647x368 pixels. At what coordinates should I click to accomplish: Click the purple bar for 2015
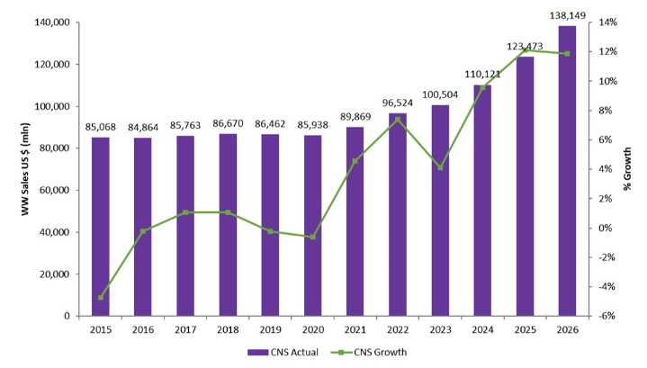[x=100, y=227]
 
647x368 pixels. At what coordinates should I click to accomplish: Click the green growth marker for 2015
[x=100, y=297]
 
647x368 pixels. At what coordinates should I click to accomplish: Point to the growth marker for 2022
[x=398, y=120]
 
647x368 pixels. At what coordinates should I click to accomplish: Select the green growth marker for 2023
[x=440, y=167]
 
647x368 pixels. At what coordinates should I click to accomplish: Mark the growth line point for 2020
[x=312, y=237]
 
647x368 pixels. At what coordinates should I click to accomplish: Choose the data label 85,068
[x=100, y=126]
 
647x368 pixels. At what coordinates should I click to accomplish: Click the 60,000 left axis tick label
[x=56, y=190]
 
